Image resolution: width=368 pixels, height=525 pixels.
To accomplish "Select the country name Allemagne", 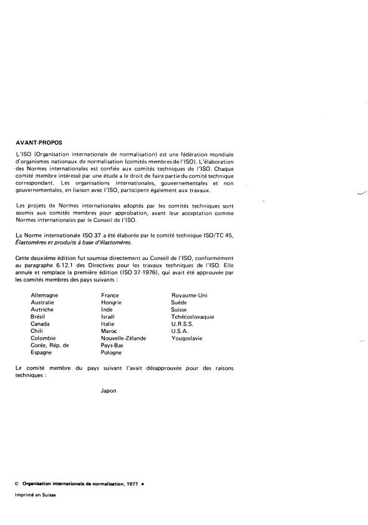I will click(44, 295).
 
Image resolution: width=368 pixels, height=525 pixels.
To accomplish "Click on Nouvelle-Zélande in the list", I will click(123, 338).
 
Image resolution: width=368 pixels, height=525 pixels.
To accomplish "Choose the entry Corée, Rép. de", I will click(50, 345).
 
